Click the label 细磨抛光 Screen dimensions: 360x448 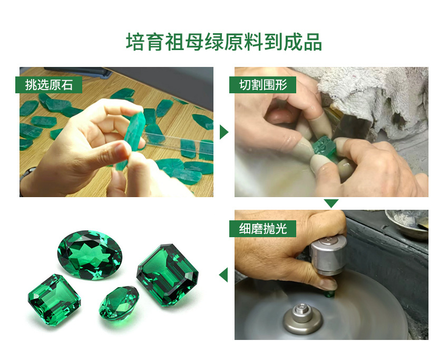click(263, 228)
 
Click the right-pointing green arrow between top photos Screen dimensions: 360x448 click(223, 132)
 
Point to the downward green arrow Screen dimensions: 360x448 click(331, 203)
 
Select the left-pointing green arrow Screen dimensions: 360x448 click(223, 275)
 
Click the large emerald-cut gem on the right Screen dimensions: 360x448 click(167, 275)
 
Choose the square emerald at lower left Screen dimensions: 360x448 click(54, 299)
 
